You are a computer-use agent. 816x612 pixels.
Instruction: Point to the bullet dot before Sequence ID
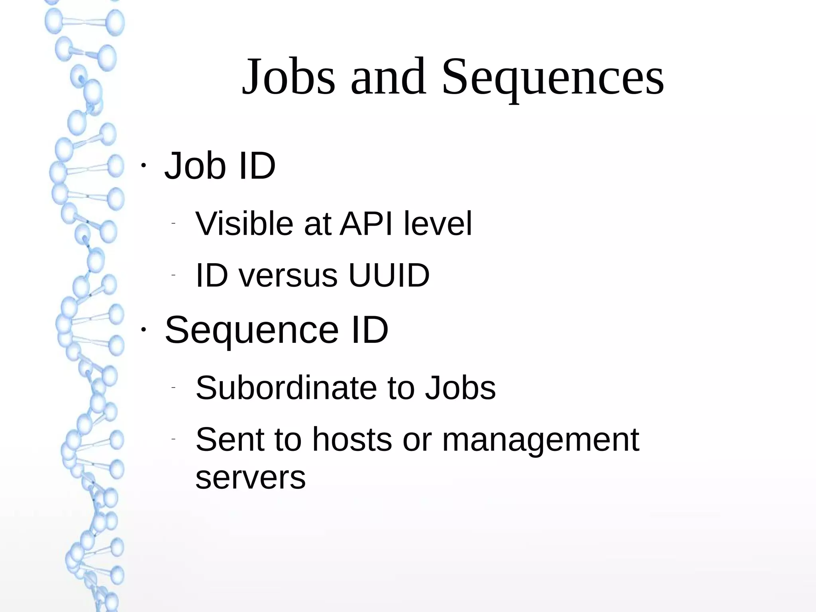(x=143, y=330)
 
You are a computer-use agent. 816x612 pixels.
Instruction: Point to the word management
(x=540, y=440)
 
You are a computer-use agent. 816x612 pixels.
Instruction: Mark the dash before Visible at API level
(x=173, y=224)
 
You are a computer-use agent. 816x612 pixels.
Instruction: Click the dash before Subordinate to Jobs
(x=173, y=388)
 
